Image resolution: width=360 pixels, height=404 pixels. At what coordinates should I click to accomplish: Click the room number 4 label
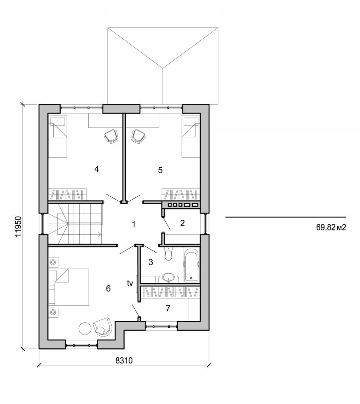(x=96, y=169)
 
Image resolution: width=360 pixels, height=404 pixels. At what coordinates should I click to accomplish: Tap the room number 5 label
(x=160, y=170)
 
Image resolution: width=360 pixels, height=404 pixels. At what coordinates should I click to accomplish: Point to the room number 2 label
(x=182, y=223)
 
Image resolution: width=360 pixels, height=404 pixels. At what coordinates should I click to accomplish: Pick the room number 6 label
(x=108, y=289)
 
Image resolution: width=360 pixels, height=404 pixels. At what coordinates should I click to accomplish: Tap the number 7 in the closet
(x=168, y=308)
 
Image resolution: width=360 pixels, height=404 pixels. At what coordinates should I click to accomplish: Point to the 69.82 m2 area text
(x=330, y=228)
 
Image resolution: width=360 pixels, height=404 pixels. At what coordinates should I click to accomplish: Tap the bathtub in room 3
(x=192, y=266)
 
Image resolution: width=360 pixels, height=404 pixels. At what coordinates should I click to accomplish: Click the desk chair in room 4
(x=111, y=136)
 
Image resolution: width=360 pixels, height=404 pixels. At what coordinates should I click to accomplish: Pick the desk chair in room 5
(x=138, y=136)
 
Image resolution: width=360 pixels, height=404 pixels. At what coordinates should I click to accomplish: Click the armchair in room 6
(x=103, y=326)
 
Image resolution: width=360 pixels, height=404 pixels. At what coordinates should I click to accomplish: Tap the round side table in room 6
(x=85, y=328)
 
